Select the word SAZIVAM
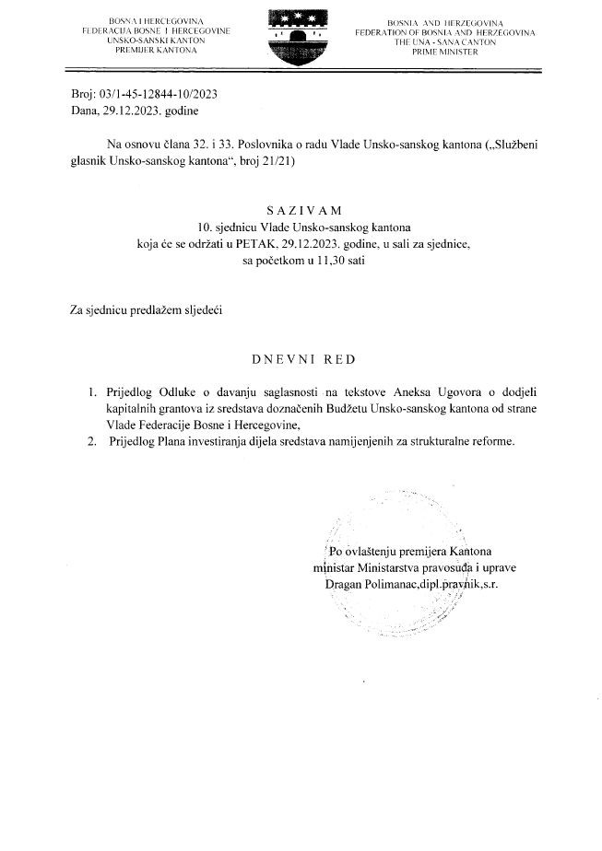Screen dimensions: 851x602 click(x=301, y=211)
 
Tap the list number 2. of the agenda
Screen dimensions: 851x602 click(x=89, y=441)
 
